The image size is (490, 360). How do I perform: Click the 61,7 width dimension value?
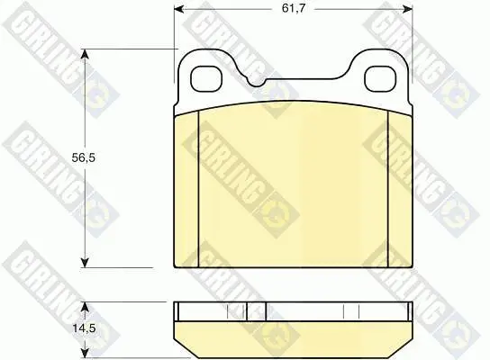293,8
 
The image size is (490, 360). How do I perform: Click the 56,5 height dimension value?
83,158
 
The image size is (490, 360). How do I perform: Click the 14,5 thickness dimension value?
84,328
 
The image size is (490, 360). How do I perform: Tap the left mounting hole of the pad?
205,79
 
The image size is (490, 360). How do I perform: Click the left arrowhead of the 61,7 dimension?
178,9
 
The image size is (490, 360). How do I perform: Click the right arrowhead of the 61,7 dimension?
408,9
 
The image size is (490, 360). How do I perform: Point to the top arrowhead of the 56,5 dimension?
85,54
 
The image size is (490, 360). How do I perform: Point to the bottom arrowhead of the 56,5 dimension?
85,263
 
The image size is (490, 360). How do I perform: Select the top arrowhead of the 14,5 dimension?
85,307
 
